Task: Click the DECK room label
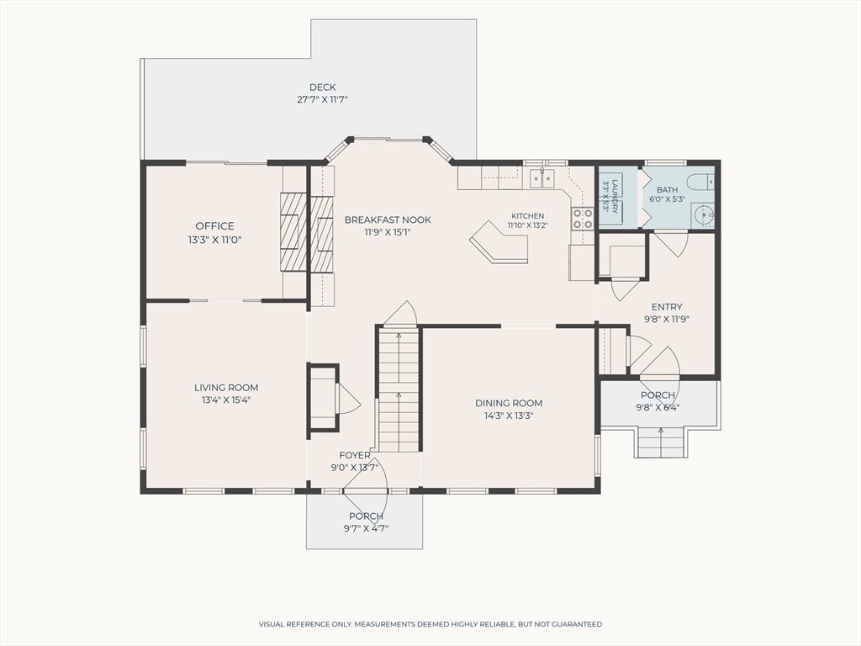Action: [x=322, y=87]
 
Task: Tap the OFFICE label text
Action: [x=214, y=225]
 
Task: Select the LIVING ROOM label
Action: [x=226, y=388]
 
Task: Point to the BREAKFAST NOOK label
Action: [x=388, y=220]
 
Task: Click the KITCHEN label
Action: [x=528, y=216]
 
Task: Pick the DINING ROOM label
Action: [x=509, y=403]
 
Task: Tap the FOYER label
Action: [x=355, y=455]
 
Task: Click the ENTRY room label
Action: [x=667, y=307]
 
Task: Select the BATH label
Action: [x=667, y=189]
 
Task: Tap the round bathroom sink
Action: [x=702, y=214]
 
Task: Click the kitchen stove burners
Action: [x=583, y=218]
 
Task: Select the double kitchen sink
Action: [x=542, y=178]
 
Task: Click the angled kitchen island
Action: [x=499, y=242]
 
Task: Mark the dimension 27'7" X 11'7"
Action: [x=322, y=100]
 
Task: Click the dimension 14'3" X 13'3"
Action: [x=509, y=416]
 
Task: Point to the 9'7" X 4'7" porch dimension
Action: [x=367, y=529]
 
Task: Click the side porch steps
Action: [x=661, y=442]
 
